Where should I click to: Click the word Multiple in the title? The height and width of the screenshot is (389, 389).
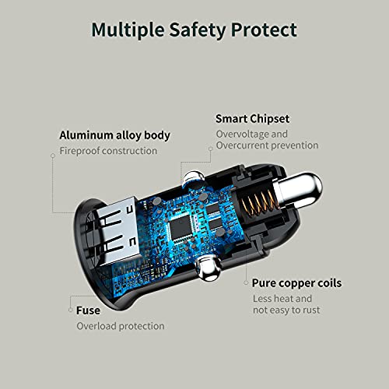[128, 30]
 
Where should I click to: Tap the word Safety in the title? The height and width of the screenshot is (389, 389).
[198, 30]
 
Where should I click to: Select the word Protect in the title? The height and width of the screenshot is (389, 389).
[264, 30]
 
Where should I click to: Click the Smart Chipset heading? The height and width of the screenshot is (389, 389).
[252, 119]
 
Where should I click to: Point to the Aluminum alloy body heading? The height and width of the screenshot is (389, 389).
[114, 135]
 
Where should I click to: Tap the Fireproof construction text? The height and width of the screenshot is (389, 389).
[108, 151]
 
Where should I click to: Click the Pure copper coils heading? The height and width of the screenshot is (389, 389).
[296, 283]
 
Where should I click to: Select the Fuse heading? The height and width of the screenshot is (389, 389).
[88, 310]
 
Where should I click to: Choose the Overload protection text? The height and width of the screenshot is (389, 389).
[121, 326]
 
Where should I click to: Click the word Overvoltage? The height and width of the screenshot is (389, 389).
[240, 135]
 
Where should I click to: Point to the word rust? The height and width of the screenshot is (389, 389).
[310, 310]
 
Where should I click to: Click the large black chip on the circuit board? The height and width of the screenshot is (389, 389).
[180, 226]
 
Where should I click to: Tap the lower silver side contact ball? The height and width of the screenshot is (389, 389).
[208, 268]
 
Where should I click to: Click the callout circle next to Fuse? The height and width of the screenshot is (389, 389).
[70, 310]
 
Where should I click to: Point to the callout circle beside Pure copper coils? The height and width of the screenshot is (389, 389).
[246, 282]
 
